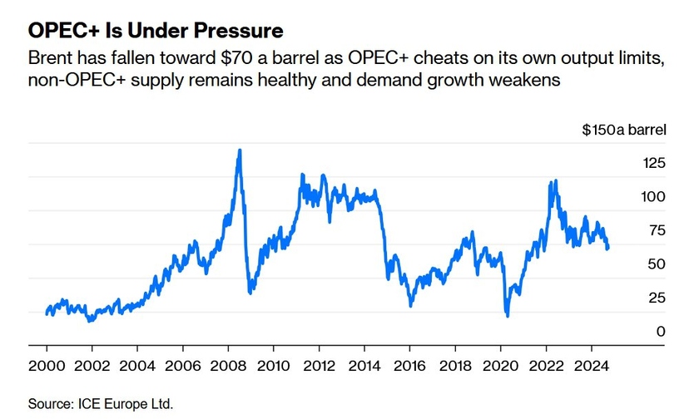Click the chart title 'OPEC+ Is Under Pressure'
[x=156, y=31]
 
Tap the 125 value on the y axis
[x=630, y=163]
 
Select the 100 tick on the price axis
[x=630, y=197]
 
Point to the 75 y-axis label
[x=633, y=231]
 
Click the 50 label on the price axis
[x=633, y=264]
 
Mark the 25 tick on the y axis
[x=633, y=298]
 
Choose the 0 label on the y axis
[x=637, y=332]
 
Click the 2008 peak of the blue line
[x=240, y=150]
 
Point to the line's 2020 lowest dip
[x=507, y=315]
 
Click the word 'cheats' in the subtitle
[x=450, y=60]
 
